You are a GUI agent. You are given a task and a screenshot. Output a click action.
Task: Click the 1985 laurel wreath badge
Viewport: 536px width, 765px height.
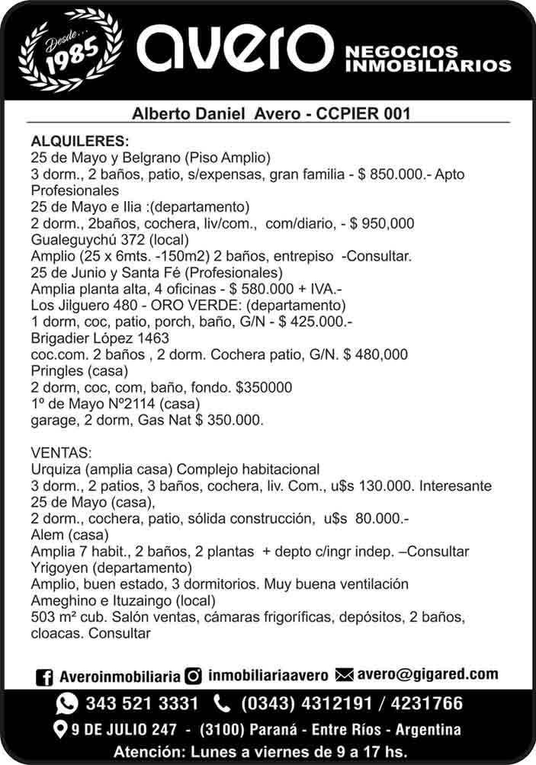point(71,48)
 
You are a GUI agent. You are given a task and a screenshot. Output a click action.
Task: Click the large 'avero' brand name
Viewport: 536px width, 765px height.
point(234,49)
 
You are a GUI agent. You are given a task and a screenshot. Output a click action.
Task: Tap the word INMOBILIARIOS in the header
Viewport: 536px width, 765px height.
point(428,66)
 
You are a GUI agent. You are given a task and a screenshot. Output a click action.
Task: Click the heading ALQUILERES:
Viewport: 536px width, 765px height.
point(80,142)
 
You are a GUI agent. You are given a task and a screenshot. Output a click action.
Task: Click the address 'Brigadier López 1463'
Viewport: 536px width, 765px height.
point(100,338)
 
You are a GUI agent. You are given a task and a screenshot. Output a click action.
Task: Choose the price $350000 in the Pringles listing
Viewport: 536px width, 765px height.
point(264,387)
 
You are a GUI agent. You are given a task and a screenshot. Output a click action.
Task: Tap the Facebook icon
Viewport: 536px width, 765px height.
point(45,677)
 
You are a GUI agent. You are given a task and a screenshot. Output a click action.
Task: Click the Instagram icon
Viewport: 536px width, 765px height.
point(194,676)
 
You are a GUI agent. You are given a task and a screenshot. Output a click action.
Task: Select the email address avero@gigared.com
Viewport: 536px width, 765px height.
point(428,674)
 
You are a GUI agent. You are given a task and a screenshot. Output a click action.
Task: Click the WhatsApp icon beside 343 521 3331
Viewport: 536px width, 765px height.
point(68,703)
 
